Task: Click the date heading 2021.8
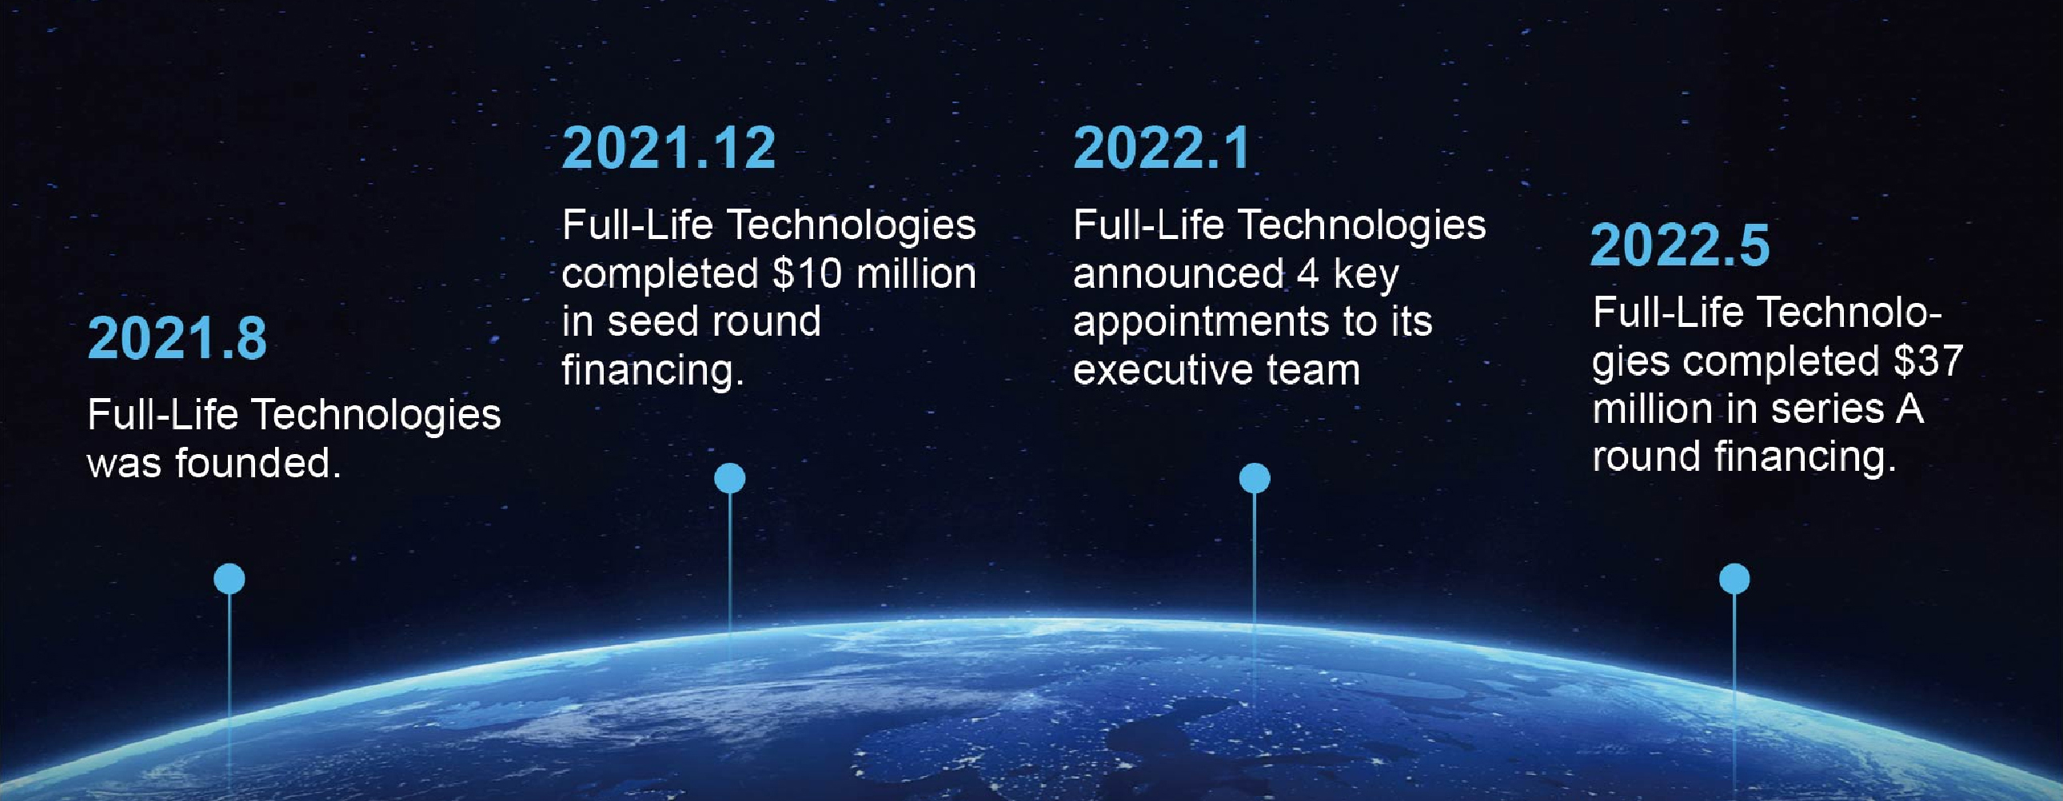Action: pyautogui.click(x=177, y=338)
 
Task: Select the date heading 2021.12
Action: pyautogui.click(x=668, y=148)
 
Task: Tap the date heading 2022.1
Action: pyautogui.click(x=1161, y=148)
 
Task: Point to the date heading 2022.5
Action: pyautogui.click(x=1680, y=245)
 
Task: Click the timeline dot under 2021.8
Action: pyautogui.click(x=229, y=578)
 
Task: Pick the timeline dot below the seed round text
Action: pyautogui.click(x=729, y=478)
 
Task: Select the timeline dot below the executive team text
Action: pyautogui.click(x=1255, y=478)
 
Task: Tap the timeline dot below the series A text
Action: pyautogui.click(x=1734, y=578)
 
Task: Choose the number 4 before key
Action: pyautogui.click(x=1307, y=274)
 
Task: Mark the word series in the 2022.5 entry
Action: pyautogui.click(x=1828, y=409)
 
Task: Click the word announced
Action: pyautogui.click(x=1178, y=274)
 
